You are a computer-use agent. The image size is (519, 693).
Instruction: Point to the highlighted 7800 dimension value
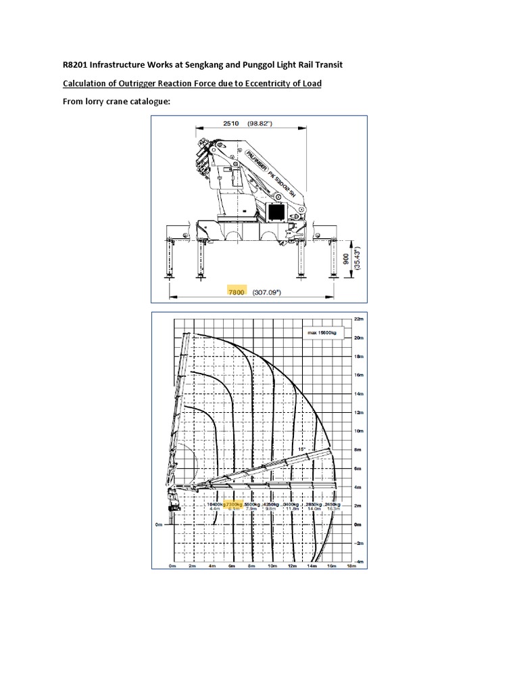236,292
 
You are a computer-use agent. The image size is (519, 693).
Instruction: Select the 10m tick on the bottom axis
272,566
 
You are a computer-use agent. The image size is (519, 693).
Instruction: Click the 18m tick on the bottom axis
350,566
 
